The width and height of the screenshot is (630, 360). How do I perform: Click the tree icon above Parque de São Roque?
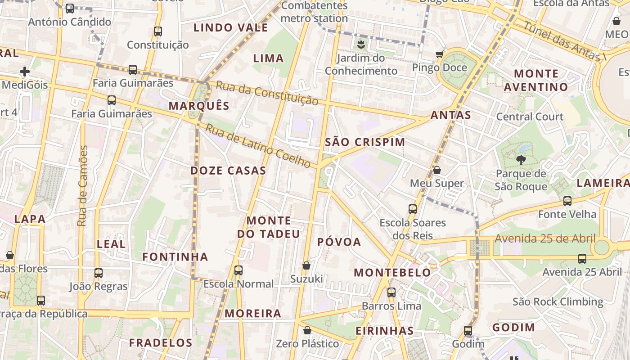click(x=521, y=159)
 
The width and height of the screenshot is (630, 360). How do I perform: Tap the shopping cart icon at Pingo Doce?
click(x=439, y=54)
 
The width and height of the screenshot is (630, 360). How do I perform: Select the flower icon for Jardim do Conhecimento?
click(x=360, y=44)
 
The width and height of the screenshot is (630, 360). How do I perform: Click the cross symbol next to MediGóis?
click(x=25, y=71)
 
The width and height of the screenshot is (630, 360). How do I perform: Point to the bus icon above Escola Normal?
click(x=238, y=270)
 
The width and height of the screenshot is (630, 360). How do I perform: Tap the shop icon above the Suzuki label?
click(x=306, y=265)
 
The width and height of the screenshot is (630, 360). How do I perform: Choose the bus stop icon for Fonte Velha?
click(x=567, y=201)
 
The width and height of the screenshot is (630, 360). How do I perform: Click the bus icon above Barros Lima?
click(x=391, y=292)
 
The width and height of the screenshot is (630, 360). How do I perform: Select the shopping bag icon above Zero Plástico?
click(x=307, y=330)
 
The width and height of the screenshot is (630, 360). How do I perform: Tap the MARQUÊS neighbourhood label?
click(x=199, y=106)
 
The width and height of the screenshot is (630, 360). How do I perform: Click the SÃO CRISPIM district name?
click(x=365, y=142)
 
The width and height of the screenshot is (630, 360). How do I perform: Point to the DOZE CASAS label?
click(x=228, y=171)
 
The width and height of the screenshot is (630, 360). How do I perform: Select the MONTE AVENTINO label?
click(x=536, y=80)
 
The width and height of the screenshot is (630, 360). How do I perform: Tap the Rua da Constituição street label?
click(x=267, y=93)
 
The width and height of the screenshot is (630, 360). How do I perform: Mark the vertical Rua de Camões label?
click(x=82, y=185)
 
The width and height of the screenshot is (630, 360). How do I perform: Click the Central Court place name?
click(x=530, y=117)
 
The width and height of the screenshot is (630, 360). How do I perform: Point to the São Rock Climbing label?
click(x=558, y=301)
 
